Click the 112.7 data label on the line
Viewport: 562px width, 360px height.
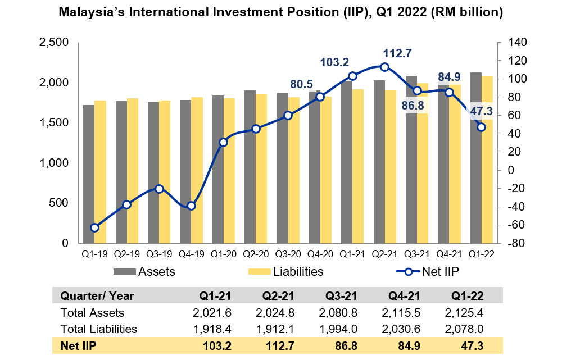click(397, 53)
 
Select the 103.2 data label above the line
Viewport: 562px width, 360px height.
click(334, 62)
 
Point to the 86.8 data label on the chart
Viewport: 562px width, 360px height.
click(413, 105)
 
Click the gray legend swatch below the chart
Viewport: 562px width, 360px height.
click(124, 272)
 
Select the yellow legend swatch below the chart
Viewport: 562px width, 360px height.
click(259, 272)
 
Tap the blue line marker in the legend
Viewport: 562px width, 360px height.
click(409, 272)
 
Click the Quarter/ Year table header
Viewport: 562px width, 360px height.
click(97, 296)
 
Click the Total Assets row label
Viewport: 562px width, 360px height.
click(92, 312)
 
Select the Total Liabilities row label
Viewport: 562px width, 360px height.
click(98, 329)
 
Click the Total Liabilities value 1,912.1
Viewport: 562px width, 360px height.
click(277, 329)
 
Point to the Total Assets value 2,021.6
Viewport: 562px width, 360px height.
click(213, 312)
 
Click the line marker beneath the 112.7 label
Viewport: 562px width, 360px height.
click(384, 67)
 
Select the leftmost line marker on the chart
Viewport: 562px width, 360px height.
click(94, 227)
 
